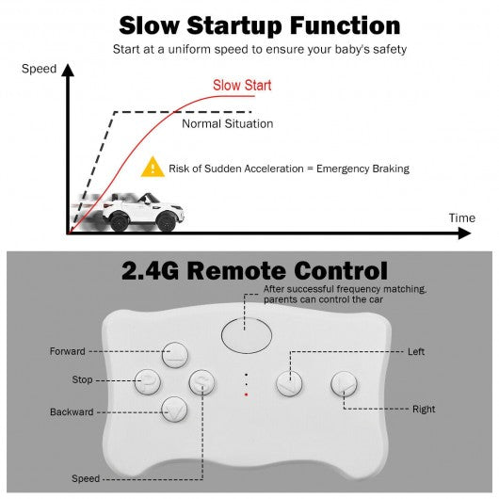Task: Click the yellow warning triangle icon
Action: point(153,167)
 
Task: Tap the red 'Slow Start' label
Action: point(242,86)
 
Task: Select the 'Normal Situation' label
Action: point(227,123)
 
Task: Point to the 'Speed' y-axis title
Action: point(39,69)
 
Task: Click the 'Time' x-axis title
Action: point(461,218)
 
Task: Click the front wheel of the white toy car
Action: point(166,221)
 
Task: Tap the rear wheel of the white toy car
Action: point(120,220)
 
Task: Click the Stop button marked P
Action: point(147,382)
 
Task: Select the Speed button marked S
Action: point(201,382)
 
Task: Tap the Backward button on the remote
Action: point(174,410)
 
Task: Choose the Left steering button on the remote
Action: point(289,383)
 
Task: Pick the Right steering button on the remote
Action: point(344,384)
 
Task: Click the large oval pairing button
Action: point(247,335)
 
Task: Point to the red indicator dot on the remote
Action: point(246,394)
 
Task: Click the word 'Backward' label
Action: point(72,411)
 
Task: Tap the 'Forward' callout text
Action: point(68,351)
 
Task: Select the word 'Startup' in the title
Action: point(234,26)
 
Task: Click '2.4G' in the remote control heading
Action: point(150,271)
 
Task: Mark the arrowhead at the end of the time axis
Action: point(464,233)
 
